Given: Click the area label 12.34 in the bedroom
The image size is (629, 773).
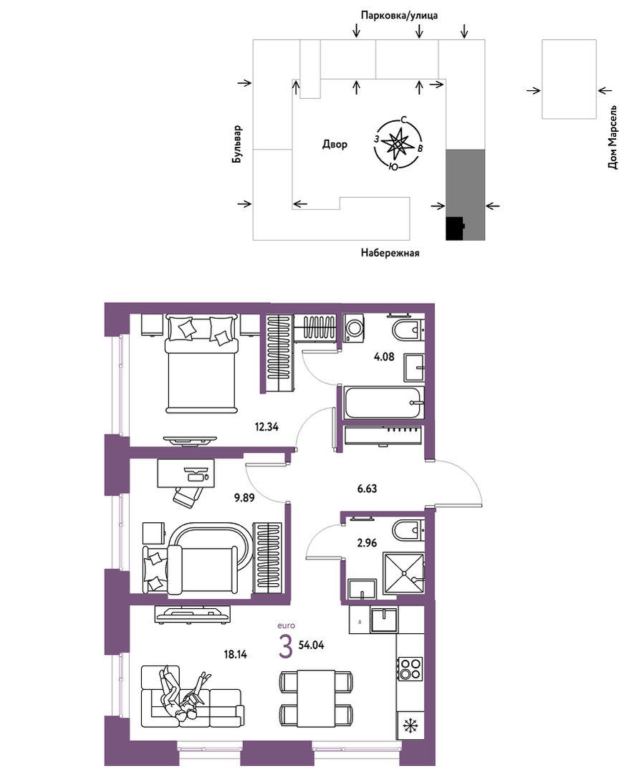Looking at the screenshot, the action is point(267,427).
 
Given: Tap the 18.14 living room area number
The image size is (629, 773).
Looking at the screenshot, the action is point(235,654).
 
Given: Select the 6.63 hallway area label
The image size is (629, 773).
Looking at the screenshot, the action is point(367,489).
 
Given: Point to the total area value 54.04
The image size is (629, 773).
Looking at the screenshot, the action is point(311,645).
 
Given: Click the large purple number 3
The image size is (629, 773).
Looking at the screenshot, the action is point(285,648).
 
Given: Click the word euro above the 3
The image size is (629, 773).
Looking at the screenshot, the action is point(286,625).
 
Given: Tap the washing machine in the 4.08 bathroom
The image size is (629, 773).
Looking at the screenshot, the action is point(353,328).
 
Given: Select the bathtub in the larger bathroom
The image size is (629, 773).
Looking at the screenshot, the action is point(384,403).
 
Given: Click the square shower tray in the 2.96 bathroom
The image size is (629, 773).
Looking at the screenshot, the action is point(403,572).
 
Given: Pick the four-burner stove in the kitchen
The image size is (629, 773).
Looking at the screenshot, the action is point(410,668).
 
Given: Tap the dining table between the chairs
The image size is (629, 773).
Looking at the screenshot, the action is point(316,698).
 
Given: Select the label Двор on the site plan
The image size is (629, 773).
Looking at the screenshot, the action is point(335,145).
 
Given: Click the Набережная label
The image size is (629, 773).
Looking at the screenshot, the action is point(390,253).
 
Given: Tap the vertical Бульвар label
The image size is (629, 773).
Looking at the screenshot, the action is point(238,145).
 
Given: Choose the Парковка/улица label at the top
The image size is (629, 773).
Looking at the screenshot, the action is point(399,15).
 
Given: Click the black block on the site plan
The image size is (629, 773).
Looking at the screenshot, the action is point(454,229).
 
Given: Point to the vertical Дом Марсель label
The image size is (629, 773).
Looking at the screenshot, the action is point(613,138).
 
